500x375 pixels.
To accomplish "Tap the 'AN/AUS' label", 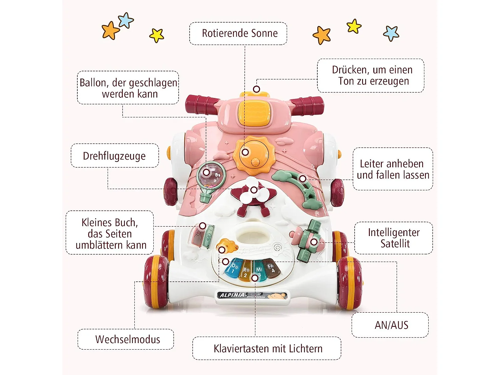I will pyautogui.click(x=391, y=325).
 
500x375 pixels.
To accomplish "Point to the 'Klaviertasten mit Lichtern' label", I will pyautogui.click(x=267, y=349).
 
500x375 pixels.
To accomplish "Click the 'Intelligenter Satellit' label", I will pyautogui.click(x=394, y=238).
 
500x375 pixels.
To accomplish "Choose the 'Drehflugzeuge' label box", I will pyautogui.click(x=114, y=156).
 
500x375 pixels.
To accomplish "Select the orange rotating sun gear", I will pyautogui.click(x=254, y=155).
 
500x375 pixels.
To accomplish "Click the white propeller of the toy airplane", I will pyautogui.click(x=253, y=191).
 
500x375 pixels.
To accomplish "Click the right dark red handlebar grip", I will pyautogui.click(x=308, y=104).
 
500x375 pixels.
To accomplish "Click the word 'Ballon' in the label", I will pyautogui.click(x=93, y=82).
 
